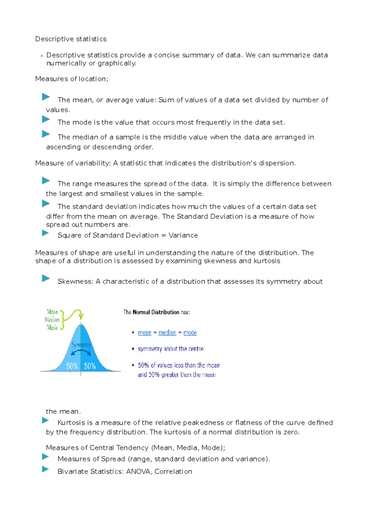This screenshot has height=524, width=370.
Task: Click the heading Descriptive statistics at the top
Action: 71,39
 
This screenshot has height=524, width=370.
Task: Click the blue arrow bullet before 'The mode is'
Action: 46,119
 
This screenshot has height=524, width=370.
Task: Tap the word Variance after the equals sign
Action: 183,235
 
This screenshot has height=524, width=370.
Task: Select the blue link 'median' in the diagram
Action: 167,333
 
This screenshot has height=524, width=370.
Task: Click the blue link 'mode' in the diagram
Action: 190,333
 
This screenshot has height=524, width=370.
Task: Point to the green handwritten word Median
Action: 52,320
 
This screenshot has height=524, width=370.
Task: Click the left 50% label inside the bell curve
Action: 72,366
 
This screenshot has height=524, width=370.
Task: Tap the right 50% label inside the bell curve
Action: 90,366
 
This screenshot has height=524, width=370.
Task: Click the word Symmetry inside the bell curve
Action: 81,345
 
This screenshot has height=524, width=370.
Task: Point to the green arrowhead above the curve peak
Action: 81,316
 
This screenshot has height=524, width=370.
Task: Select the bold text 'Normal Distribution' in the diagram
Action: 156,312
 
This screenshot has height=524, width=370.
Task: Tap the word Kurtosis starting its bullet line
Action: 71,422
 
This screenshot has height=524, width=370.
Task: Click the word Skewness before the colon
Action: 75,281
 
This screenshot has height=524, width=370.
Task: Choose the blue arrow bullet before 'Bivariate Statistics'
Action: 46,469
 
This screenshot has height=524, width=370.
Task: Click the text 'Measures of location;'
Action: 72,79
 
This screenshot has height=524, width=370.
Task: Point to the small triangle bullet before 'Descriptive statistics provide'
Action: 42,56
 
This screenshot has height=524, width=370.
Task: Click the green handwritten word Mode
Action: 52,328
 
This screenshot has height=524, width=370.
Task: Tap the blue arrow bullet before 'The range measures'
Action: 46,181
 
